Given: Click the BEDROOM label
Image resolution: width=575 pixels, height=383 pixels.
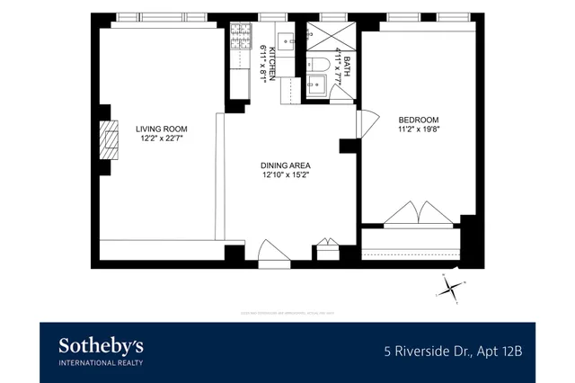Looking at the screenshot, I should coord(418,120).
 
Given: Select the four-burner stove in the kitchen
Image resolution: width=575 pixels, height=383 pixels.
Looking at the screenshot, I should coord(240,39).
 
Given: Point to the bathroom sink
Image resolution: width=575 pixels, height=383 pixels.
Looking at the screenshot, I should coord(318,86).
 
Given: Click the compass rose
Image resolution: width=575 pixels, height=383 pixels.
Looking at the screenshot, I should coord(452,288).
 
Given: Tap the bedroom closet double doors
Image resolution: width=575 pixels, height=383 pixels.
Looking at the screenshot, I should coord(418,214).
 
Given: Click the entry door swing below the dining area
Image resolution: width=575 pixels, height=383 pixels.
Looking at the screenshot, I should coord(273,253).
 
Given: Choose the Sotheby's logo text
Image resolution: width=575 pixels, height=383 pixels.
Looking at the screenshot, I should coord(101,346).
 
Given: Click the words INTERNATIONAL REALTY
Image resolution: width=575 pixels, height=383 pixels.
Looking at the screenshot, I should coord(101,362).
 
